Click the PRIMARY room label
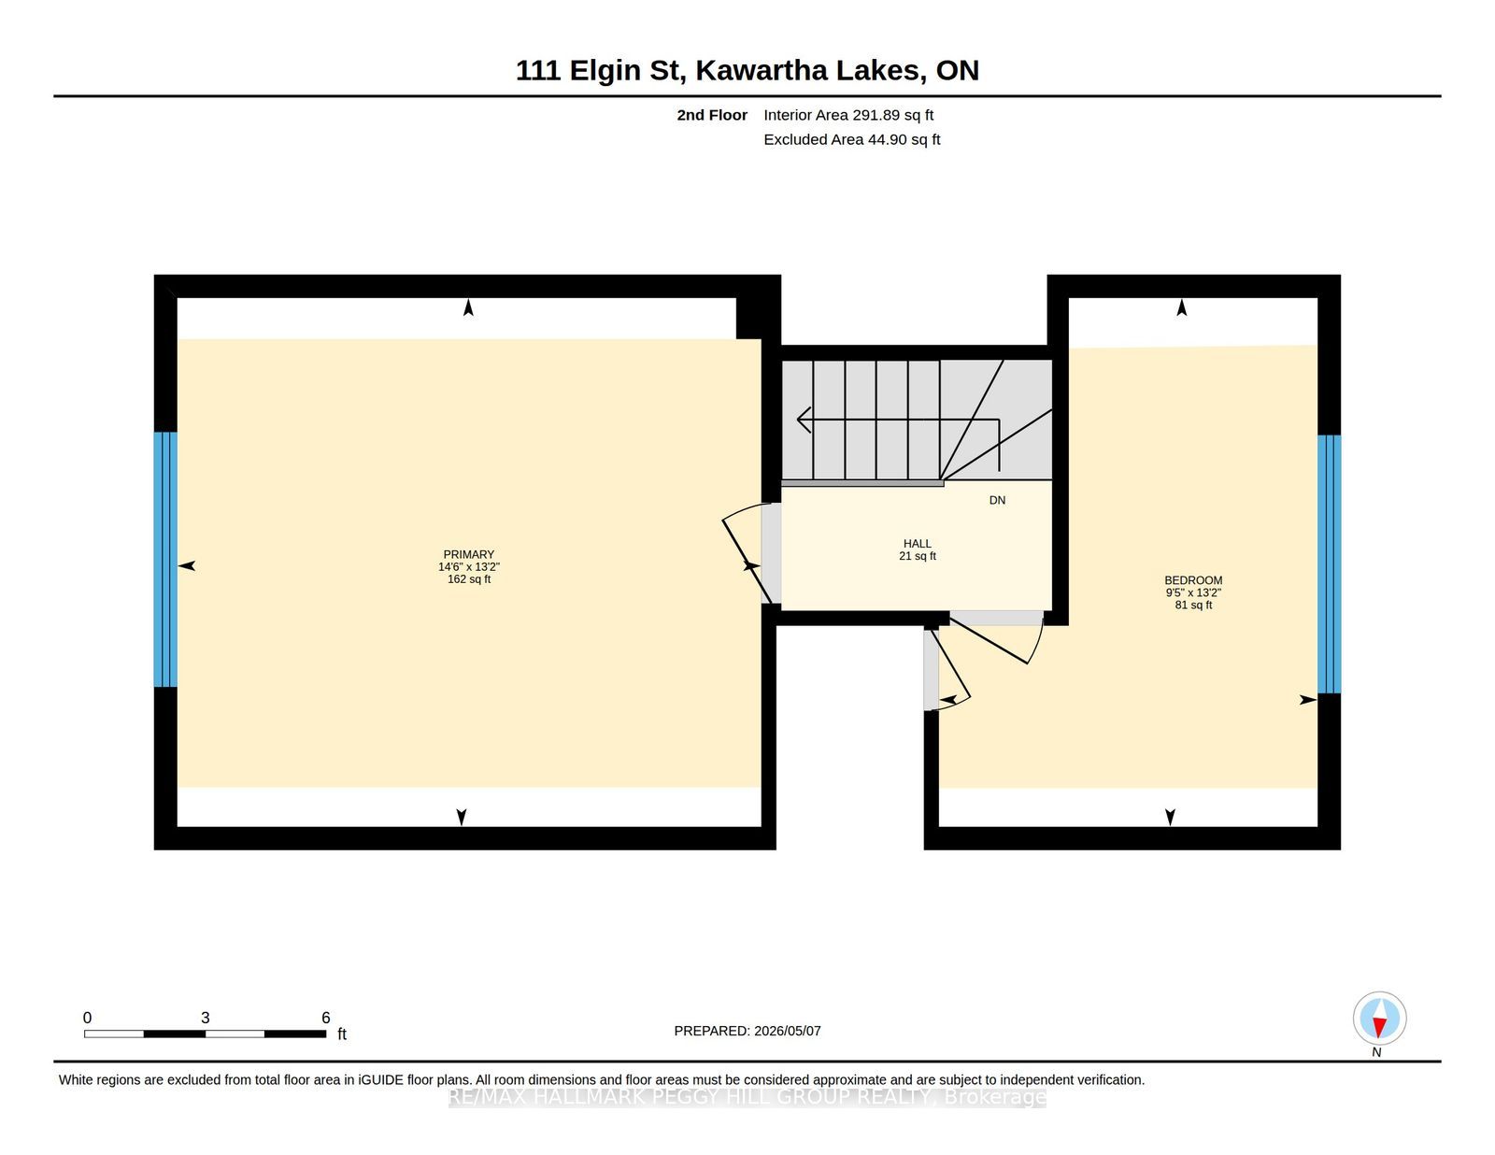point(468,554)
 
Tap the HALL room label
point(918,544)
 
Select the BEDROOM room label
point(1193,580)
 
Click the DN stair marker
point(997,500)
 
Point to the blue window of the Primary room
point(165,559)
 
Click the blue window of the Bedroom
point(1329,564)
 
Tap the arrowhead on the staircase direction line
point(804,419)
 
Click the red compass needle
point(1379,1026)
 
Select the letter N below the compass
point(1376,1052)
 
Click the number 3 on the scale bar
point(205,1018)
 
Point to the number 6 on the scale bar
point(325,1018)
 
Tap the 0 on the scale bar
point(88,1018)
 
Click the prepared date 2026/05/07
point(787,1031)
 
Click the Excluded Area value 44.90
point(887,139)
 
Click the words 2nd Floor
point(712,115)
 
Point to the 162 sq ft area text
point(469,579)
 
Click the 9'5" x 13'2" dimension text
point(1193,592)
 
